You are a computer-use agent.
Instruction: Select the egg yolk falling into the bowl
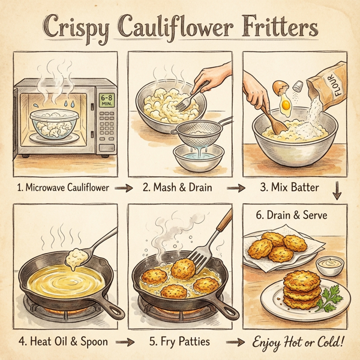[x=285, y=108]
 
